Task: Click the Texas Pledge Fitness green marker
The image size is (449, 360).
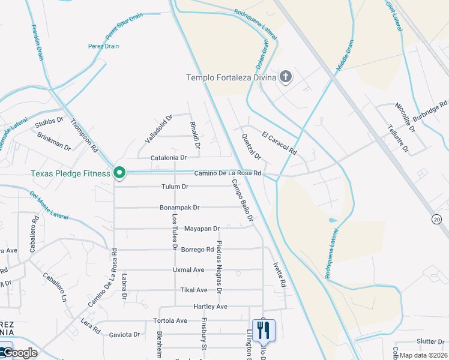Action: click(119, 173)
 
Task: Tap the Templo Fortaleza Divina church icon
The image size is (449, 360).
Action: click(286, 77)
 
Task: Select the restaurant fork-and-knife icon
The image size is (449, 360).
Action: click(264, 329)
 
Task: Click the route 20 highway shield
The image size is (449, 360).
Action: click(436, 220)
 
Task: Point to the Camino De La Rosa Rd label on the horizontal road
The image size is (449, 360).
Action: click(228, 173)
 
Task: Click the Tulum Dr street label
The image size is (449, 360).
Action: click(175, 187)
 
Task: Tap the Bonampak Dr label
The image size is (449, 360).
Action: click(179, 208)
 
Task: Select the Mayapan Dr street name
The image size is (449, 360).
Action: click(202, 229)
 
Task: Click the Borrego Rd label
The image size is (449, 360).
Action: click(197, 250)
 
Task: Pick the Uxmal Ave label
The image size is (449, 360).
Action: click(188, 270)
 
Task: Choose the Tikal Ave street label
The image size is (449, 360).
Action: click(194, 290)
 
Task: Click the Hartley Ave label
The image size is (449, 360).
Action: click(210, 307)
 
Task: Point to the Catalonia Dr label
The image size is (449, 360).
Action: click(169, 158)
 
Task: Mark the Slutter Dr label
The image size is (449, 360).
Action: click(430, 341)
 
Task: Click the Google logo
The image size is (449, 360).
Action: click(20, 353)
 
